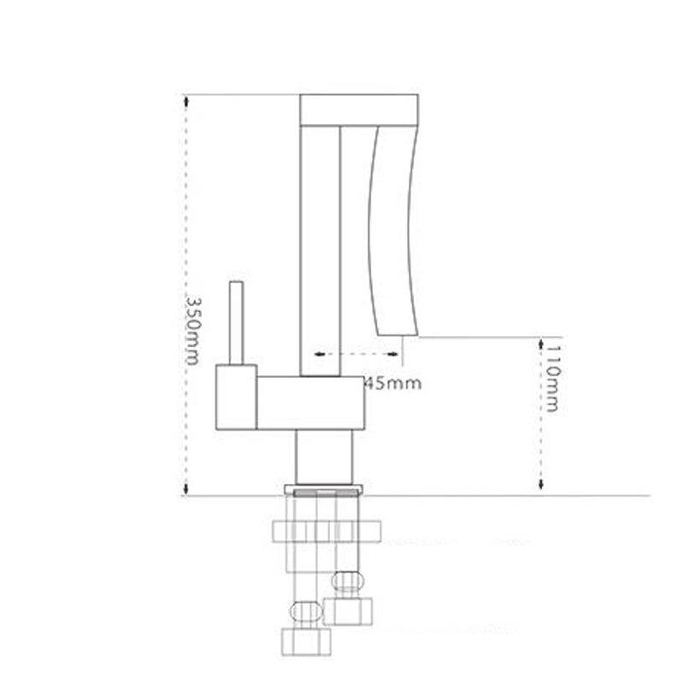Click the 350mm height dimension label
[192, 331]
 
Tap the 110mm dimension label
[552, 379]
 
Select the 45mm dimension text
[392, 383]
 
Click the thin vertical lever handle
[237, 323]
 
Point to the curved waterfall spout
[392, 230]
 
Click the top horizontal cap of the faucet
[359, 110]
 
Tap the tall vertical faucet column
[320, 251]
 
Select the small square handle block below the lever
[237, 397]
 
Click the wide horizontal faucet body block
[310, 403]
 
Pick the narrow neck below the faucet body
[324, 457]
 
